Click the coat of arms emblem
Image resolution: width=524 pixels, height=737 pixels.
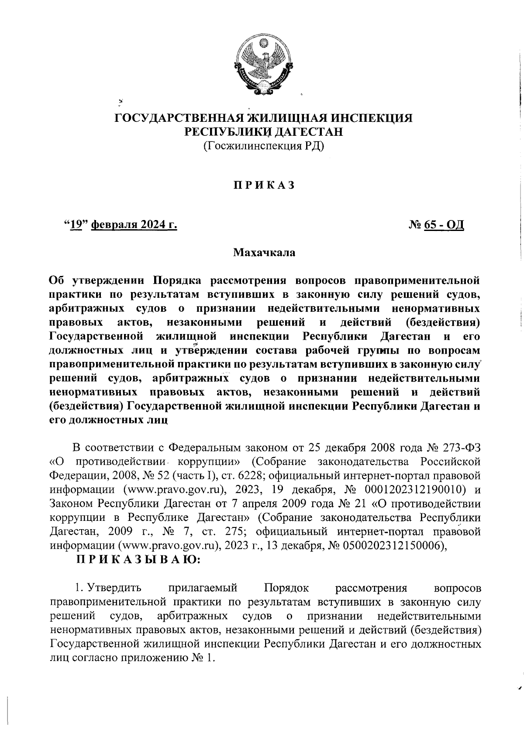[263, 65]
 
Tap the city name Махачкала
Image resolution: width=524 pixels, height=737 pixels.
[264, 252]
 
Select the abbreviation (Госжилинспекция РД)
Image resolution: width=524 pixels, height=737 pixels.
[263, 146]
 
